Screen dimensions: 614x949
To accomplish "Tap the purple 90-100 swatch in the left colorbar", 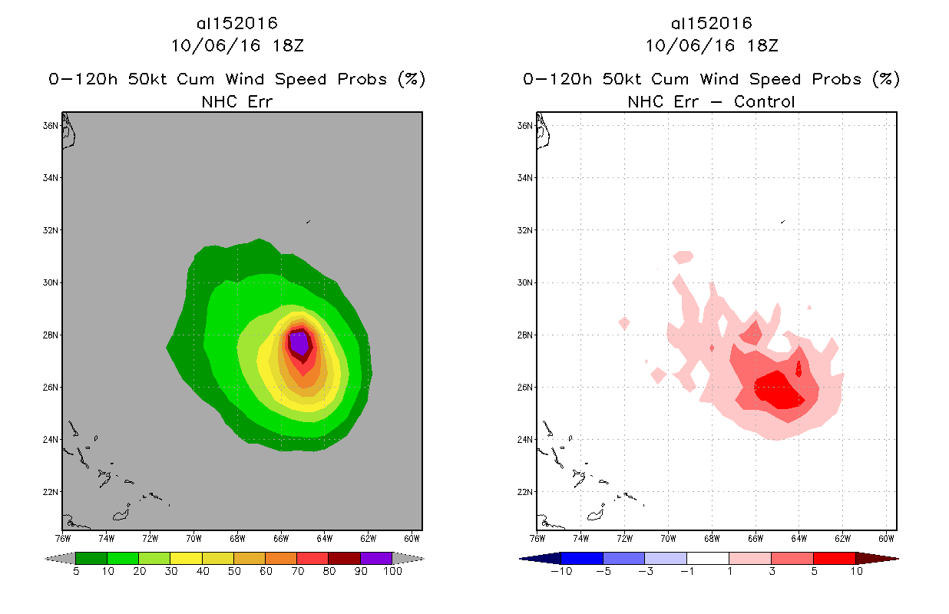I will (x=376, y=558).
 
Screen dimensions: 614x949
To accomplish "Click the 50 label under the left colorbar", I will (x=233, y=572).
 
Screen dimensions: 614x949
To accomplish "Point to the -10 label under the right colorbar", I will (x=561, y=572).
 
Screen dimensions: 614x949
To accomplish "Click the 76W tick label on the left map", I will (x=63, y=537).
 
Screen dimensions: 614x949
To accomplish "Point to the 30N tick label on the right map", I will (x=527, y=282).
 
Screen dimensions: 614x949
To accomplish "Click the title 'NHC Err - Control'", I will (x=711, y=101).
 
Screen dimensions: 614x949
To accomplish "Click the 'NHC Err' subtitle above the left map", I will (x=236, y=101).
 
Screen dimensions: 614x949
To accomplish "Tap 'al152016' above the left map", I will (x=236, y=23).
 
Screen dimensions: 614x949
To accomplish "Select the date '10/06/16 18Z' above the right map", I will (x=711, y=45).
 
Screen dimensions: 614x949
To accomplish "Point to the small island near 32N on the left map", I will (x=308, y=222).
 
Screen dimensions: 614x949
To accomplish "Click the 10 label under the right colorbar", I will (x=855, y=572).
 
